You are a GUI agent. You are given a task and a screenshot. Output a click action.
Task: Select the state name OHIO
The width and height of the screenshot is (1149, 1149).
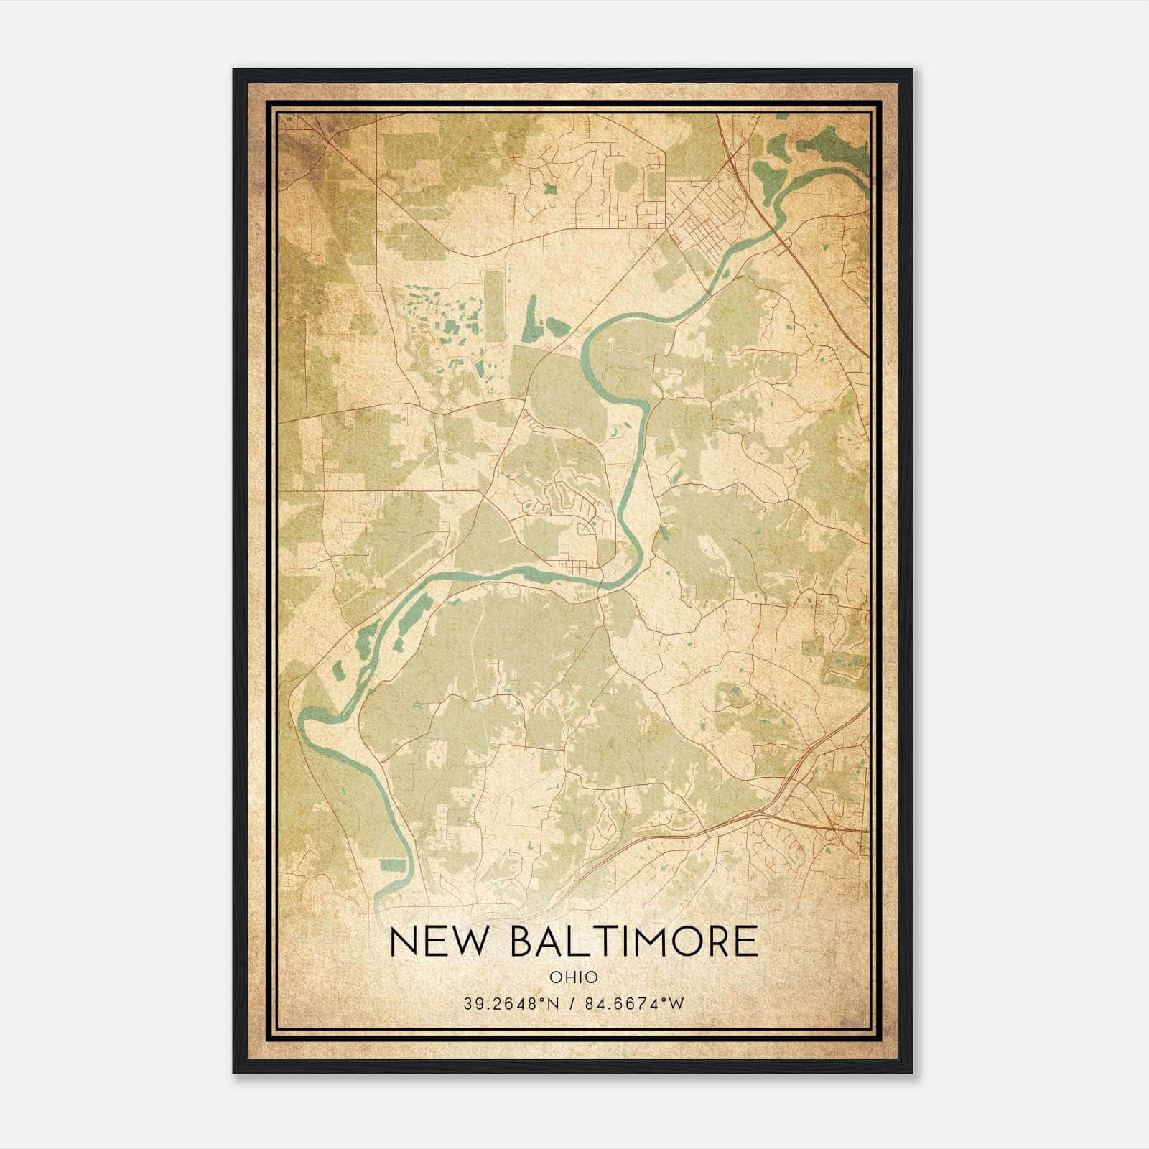point(574,977)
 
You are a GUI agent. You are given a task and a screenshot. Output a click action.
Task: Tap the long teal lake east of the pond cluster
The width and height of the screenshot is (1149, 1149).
point(530,320)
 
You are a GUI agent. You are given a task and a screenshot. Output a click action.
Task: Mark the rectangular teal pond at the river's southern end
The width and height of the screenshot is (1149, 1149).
point(393,865)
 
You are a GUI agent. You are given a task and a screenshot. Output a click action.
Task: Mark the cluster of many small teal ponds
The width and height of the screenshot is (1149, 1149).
point(438,316)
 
